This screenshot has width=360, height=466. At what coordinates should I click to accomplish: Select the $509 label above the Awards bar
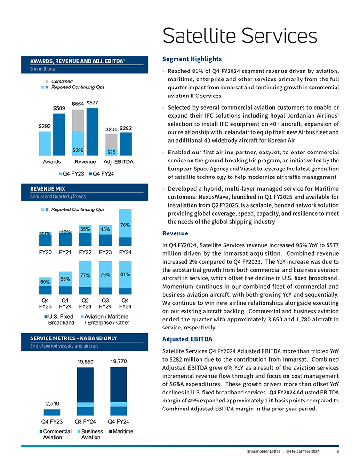pos(59,108)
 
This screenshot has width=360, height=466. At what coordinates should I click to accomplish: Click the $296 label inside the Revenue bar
pos(78,150)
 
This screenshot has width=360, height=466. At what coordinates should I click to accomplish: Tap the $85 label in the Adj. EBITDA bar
pos(111,152)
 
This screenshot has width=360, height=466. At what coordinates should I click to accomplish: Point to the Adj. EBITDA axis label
pos(118,162)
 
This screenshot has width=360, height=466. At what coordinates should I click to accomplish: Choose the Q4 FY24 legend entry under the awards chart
pos(101,174)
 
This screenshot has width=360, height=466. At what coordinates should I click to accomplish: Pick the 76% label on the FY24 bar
pos(126,225)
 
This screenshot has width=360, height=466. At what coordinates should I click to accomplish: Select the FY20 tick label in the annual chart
pos(46,252)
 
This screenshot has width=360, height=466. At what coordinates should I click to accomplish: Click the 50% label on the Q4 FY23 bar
pos(45,282)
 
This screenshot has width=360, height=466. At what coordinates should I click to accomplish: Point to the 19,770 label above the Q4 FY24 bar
pos(119,361)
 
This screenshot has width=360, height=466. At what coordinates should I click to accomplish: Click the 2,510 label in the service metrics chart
pos(52,403)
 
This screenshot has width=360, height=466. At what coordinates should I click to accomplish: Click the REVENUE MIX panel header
pos(48,189)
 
